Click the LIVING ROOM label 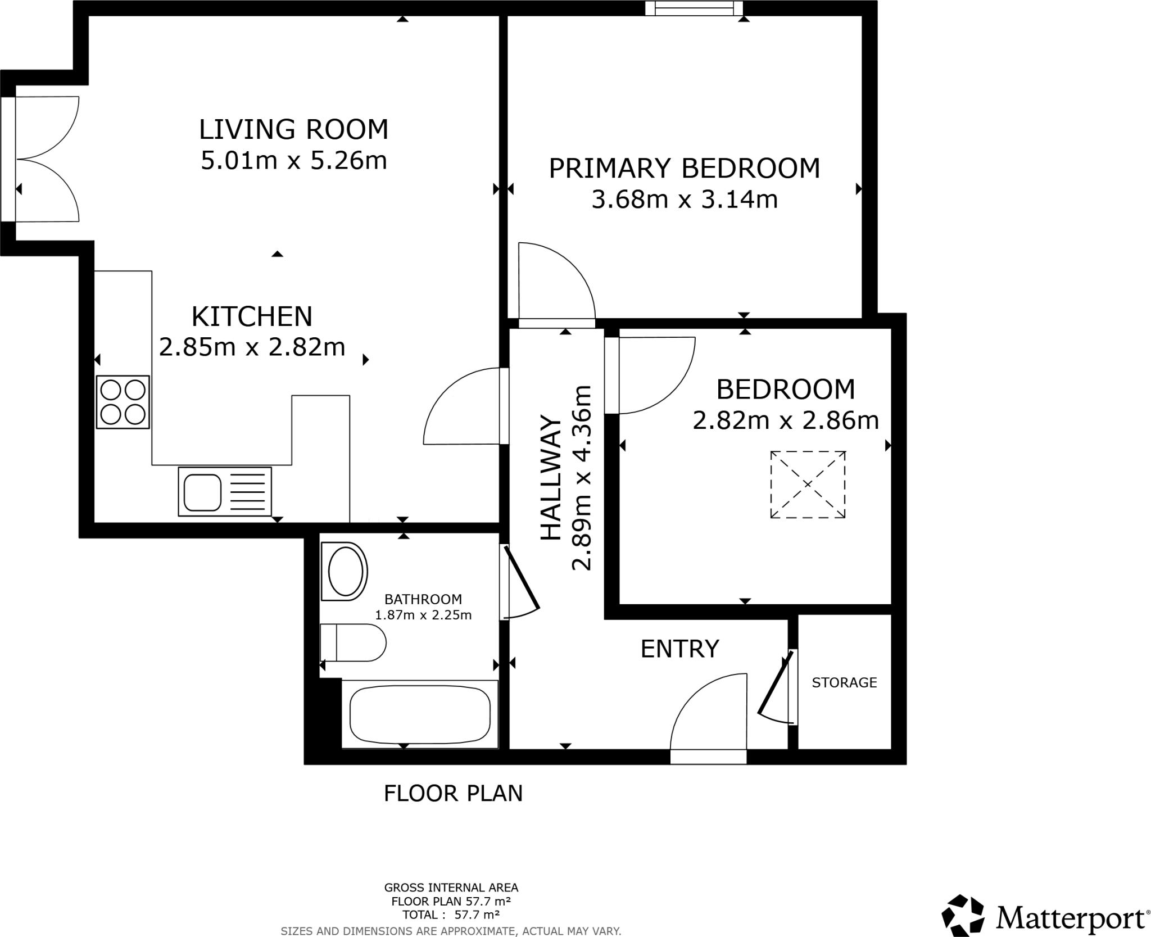293,129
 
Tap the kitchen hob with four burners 123,402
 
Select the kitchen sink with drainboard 225,491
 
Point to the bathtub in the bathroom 419,714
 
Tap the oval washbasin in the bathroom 345,572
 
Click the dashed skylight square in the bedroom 807,484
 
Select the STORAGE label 844,682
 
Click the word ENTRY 679,649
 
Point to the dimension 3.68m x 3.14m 684,200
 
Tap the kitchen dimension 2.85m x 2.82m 252,347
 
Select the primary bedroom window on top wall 694,8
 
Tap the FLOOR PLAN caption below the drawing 453,793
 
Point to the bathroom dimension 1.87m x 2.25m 423,615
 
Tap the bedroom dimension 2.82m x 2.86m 785,420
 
